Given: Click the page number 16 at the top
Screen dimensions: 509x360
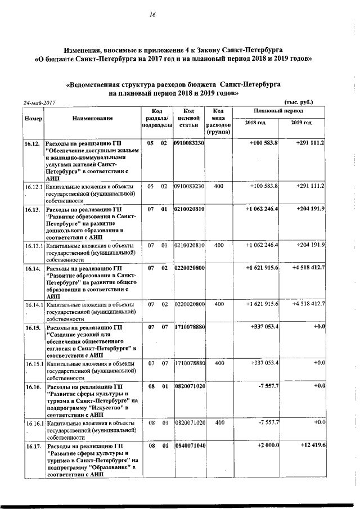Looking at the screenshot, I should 152,15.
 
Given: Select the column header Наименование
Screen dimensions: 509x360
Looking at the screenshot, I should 92,119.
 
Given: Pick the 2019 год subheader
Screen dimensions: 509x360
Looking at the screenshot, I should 301,123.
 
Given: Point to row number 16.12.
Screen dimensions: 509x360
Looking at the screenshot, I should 32,144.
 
